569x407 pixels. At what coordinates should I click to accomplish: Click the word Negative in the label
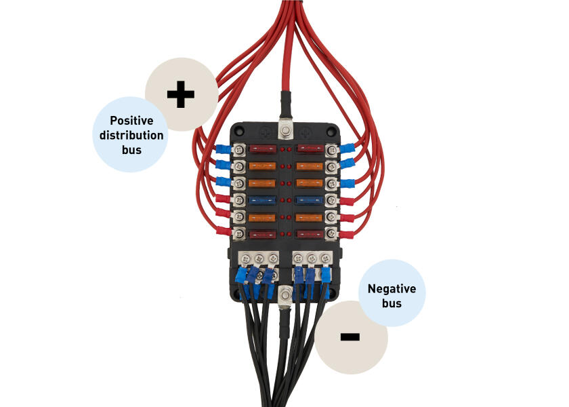tap(392, 289)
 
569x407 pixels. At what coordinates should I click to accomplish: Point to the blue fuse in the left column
tap(262, 200)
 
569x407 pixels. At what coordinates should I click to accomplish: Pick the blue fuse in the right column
tap(310, 200)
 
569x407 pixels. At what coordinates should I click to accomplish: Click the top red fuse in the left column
tap(262, 148)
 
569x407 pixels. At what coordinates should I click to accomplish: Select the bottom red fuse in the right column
tap(310, 235)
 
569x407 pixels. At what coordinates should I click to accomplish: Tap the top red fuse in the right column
tap(310, 148)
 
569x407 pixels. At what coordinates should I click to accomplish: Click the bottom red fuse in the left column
tap(262, 235)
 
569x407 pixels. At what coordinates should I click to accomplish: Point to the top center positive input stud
tap(286, 130)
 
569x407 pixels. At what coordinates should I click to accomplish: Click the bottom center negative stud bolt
tap(285, 294)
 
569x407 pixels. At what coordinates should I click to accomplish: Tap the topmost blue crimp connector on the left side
tap(222, 149)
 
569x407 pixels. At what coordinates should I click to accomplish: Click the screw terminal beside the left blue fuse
tap(239, 200)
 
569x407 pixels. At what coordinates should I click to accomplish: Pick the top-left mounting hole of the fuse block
tap(239, 129)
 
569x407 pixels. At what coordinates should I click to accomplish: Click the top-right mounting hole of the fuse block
tap(332, 129)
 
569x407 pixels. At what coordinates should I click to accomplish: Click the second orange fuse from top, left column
tap(262, 183)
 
